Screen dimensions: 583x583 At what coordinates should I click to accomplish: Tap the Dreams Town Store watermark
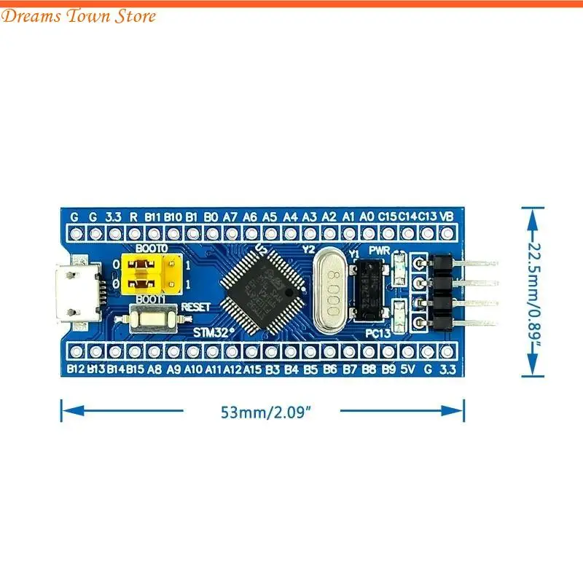[x=79, y=16]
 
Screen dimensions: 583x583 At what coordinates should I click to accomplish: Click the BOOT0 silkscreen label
[x=152, y=249]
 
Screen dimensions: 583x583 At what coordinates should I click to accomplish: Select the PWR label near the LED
[x=379, y=250]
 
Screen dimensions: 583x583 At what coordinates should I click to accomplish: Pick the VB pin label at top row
[x=447, y=216]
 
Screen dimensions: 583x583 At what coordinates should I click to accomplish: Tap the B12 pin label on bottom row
[x=76, y=369]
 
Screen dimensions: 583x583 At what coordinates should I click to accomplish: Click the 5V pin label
[x=408, y=369]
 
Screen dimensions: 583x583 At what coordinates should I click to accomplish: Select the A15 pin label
[x=253, y=369]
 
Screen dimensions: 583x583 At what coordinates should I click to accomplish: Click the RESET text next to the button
[x=195, y=307]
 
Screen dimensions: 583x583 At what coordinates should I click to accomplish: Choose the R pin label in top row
[x=133, y=216]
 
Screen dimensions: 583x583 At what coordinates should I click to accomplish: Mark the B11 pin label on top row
[x=152, y=216]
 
